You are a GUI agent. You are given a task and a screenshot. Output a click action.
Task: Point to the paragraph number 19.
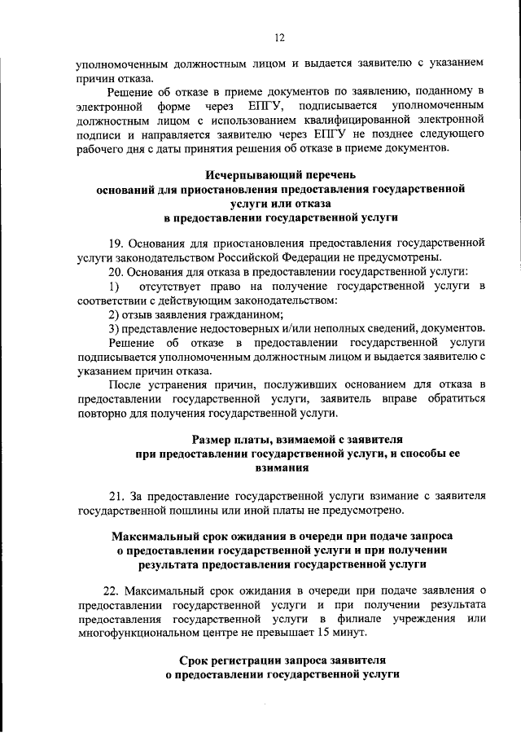pyautogui.click(x=116, y=243)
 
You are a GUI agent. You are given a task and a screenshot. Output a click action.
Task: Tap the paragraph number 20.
pyautogui.click(x=116, y=271)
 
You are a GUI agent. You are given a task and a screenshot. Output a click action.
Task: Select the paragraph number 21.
pyautogui.click(x=116, y=495)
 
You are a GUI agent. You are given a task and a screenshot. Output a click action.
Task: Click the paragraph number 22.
pyautogui.click(x=116, y=590)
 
